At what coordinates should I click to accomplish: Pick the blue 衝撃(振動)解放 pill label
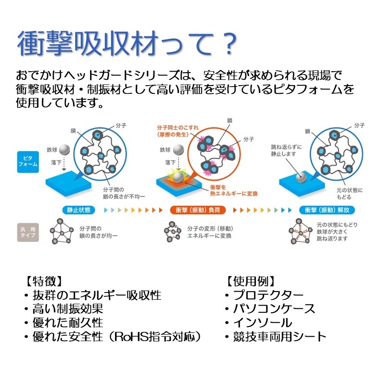click(327, 210)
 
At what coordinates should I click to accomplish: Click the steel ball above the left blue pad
click(64, 150)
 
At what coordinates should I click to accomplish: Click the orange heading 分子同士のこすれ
click(178, 128)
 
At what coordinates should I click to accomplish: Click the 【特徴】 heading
click(43, 280)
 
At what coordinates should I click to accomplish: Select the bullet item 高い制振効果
click(67, 308)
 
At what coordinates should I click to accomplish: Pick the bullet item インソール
click(262, 322)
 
